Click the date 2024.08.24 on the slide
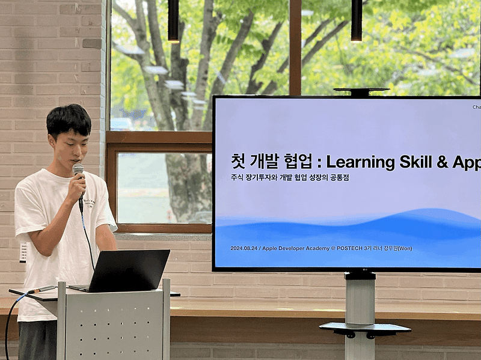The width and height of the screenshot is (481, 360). (x=247, y=248)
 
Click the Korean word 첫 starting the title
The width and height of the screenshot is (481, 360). (x=238, y=162)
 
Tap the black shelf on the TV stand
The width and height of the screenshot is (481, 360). (x=364, y=328)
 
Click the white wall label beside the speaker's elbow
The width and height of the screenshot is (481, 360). (x=23, y=252)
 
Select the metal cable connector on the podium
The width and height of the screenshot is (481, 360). (x=43, y=290)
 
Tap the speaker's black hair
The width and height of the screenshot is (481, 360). (x=69, y=117)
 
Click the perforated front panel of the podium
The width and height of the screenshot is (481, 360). (x=114, y=328)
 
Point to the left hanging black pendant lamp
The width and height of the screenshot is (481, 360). (x=173, y=21)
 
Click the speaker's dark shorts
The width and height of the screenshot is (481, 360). (x=37, y=340)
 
